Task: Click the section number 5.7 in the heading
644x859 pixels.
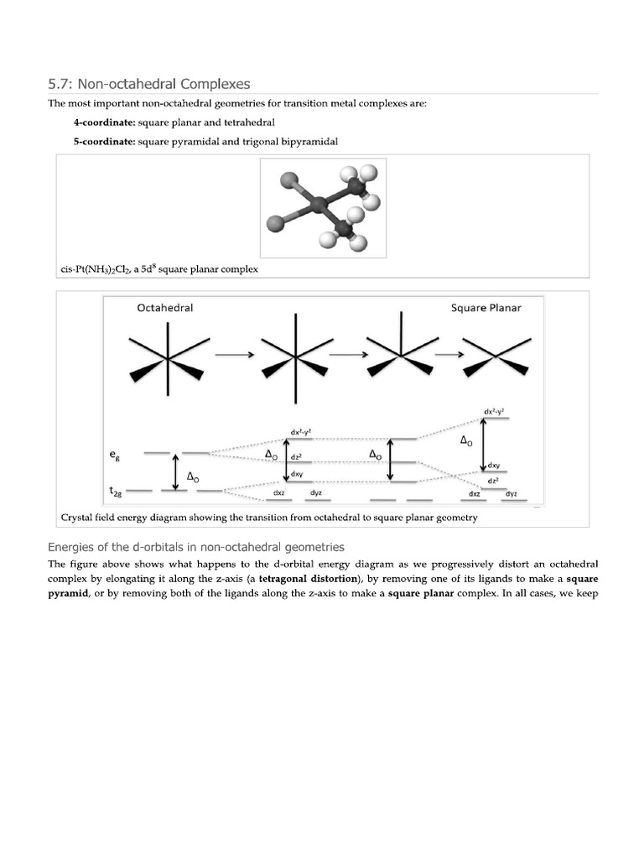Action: coord(61,84)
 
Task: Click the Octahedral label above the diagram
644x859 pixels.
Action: coord(165,308)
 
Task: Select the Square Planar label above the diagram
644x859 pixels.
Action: coord(486,308)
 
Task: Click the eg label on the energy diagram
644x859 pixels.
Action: coord(114,455)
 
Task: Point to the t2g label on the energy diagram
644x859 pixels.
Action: coord(117,490)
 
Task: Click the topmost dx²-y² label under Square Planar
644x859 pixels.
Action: coord(494,412)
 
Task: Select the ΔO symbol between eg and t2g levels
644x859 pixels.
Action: coord(192,476)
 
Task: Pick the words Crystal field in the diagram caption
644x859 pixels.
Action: coord(91,518)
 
